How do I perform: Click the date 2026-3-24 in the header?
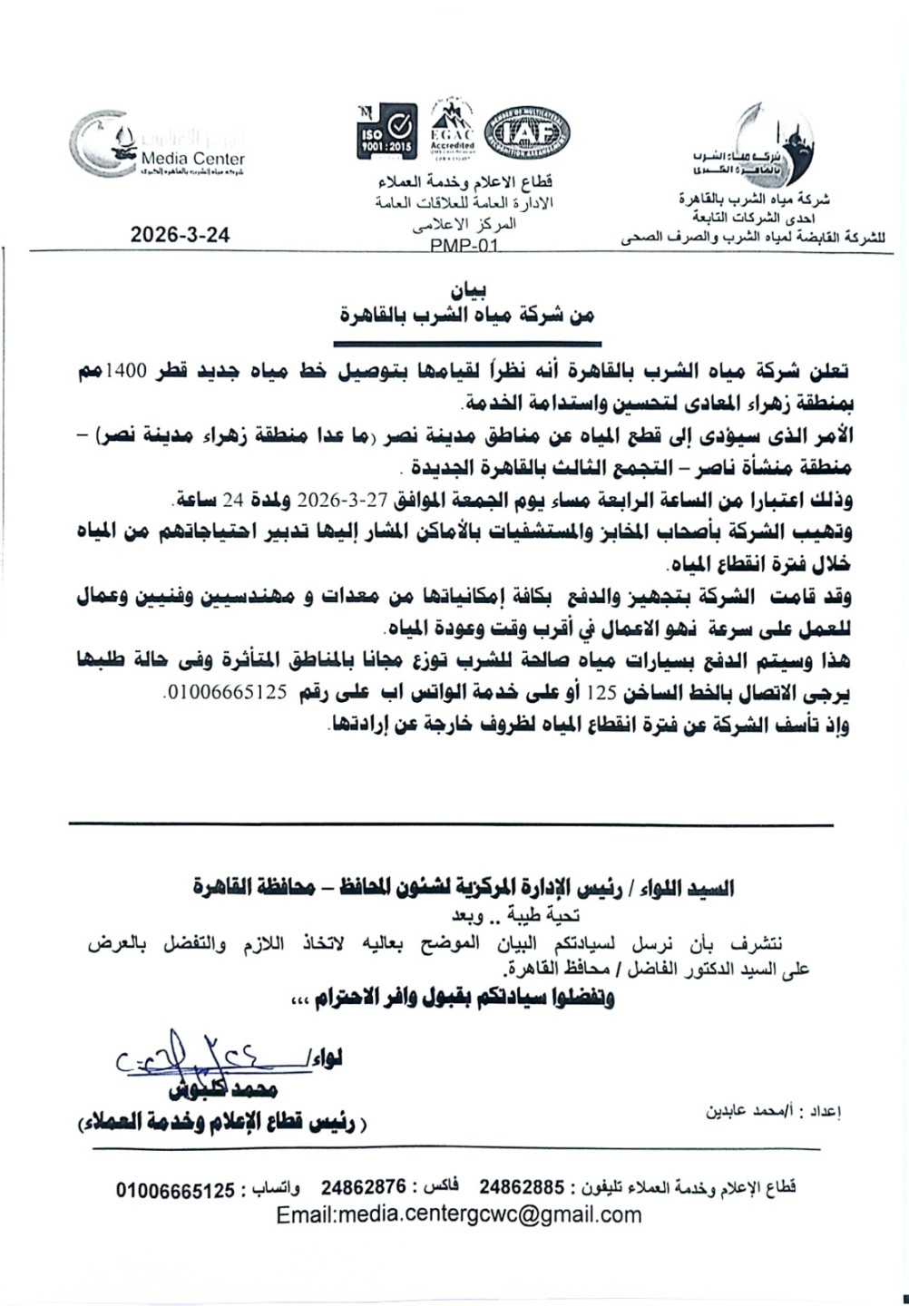coord(180,233)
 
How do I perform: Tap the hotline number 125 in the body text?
coord(605,693)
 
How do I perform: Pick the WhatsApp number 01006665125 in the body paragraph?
coord(228,693)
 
